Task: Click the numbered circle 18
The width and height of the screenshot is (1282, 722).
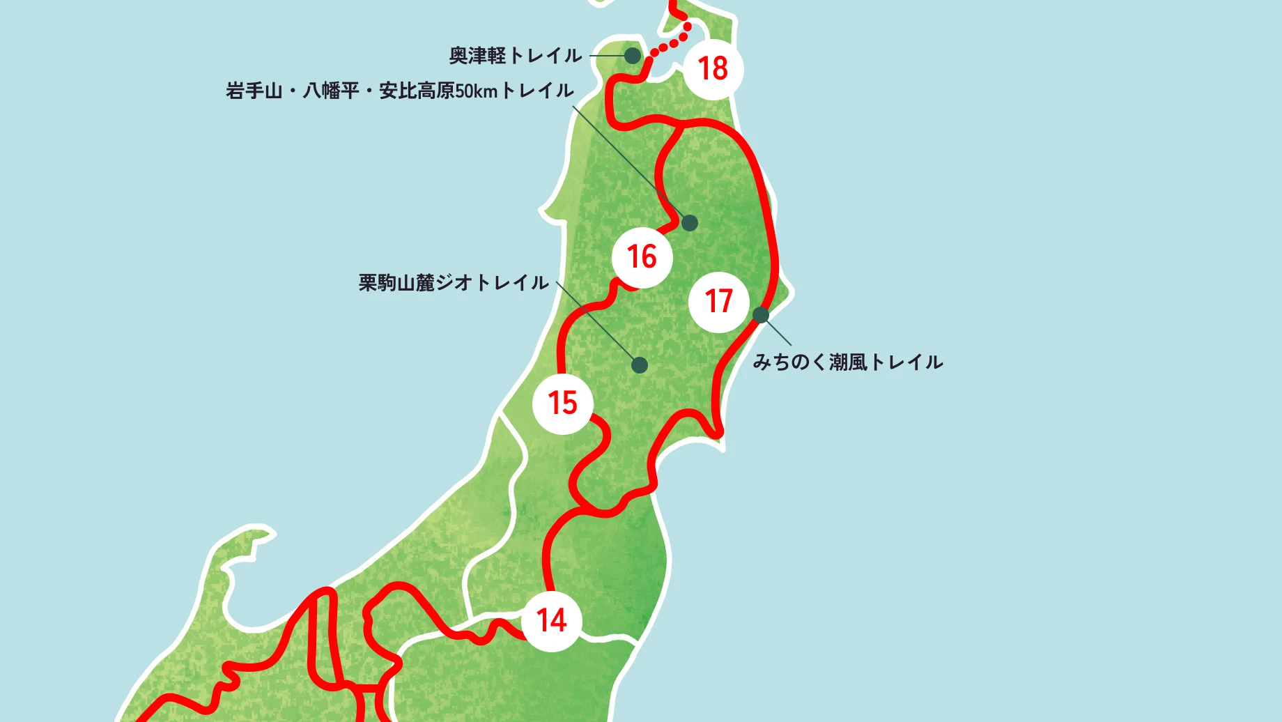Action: click(x=713, y=69)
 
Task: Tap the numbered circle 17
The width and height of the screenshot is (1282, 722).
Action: click(x=718, y=302)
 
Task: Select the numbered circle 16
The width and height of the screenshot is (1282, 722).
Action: click(x=642, y=257)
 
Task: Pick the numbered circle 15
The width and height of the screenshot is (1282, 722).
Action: click(x=562, y=404)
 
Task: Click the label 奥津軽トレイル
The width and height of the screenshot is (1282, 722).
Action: click(x=515, y=56)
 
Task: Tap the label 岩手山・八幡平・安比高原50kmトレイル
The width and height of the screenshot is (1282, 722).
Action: click(x=399, y=91)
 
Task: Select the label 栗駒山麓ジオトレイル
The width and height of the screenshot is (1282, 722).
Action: click(x=454, y=283)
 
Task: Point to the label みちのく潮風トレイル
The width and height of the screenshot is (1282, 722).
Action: click(x=848, y=362)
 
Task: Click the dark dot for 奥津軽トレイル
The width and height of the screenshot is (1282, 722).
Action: click(x=632, y=55)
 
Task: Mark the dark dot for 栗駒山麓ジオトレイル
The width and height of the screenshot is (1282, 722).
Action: click(x=640, y=364)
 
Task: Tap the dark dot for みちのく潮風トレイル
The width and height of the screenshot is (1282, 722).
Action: click(x=761, y=315)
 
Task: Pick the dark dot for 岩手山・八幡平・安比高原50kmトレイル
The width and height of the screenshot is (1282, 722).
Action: click(x=689, y=223)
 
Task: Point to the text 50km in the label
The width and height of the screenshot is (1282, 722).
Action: click(x=476, y=91)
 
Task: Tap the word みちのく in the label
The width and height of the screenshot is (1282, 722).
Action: click(x=789, y=362)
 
